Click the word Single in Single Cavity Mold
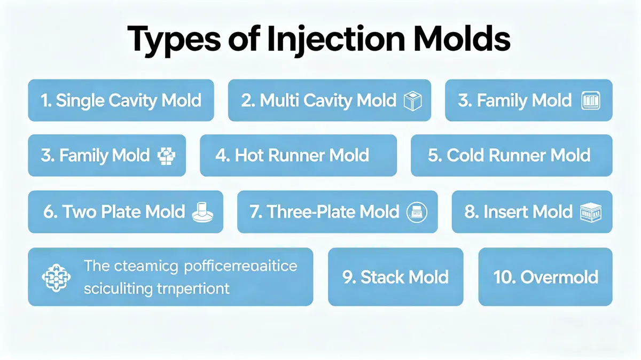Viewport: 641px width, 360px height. (80, 100)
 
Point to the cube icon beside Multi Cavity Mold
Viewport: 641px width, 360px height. (413, 101)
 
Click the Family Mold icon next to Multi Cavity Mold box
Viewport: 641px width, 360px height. (590, 101)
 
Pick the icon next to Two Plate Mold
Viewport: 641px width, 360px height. (203, 212)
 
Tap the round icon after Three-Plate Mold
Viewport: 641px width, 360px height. (418, 212)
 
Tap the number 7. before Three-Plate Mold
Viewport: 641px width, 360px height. (256, 212)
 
